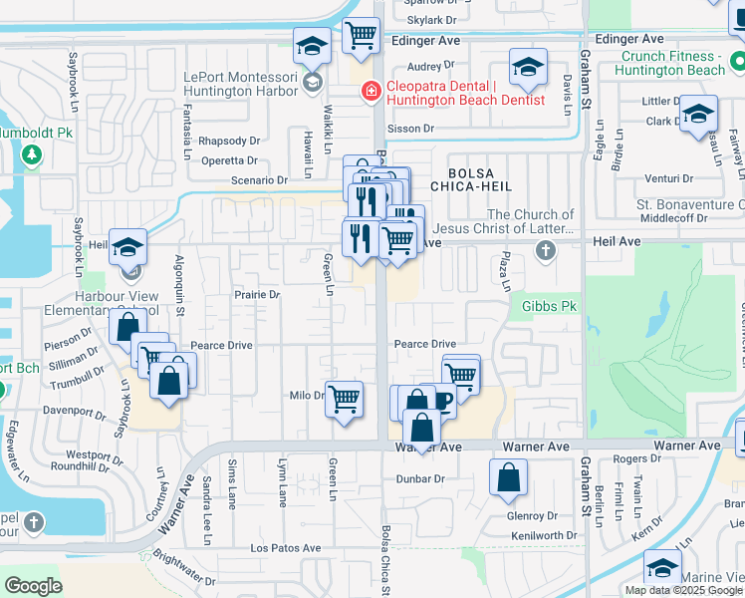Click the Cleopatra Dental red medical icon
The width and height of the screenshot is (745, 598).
coord(371,92)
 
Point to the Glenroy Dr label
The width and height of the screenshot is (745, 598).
coord(532,515)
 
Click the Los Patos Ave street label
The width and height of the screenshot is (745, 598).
coord(285,548)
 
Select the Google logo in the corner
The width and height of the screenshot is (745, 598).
coord(33,586)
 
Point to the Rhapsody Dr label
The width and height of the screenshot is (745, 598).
coord(228,142)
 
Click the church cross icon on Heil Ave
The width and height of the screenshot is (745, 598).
coord(545,249)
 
